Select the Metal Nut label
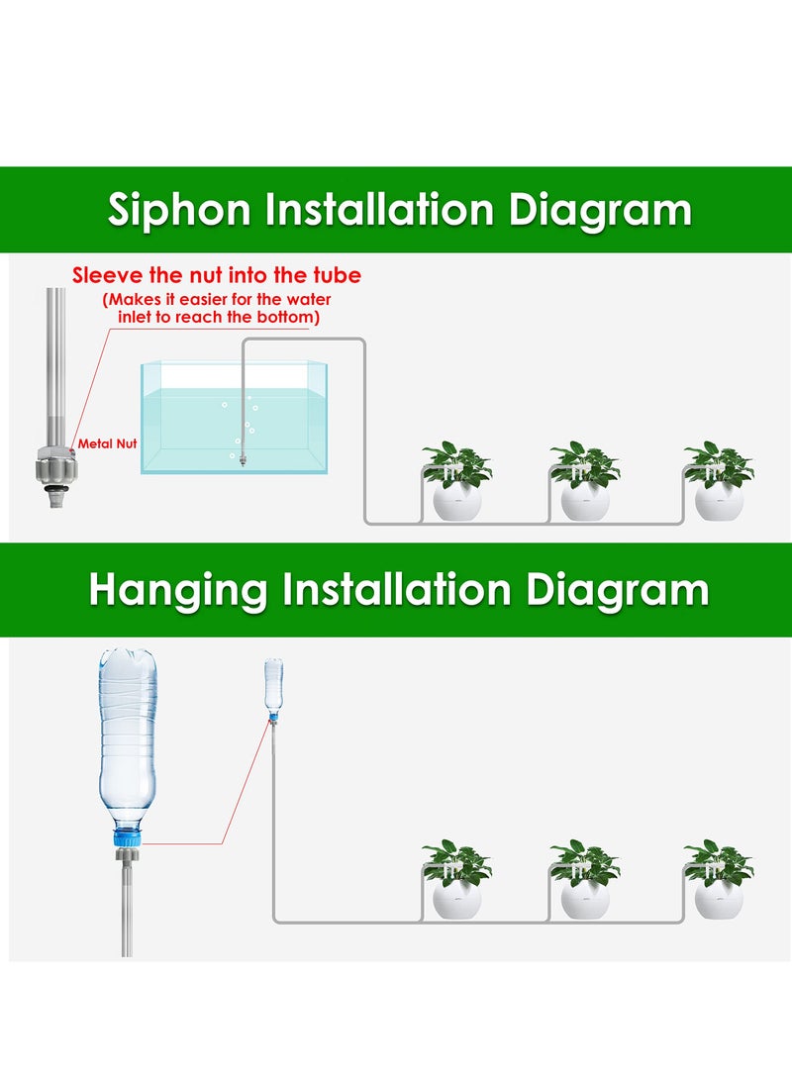(x=107, y=444)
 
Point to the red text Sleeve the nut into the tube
(x=216, y=275)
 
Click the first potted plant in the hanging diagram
(x=456, y=880)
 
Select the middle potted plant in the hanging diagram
(x=584, y=880)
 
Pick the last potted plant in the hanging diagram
(x=718, y=880)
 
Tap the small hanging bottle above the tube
(x=273, y=684)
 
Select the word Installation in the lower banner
(x=396, y=591)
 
